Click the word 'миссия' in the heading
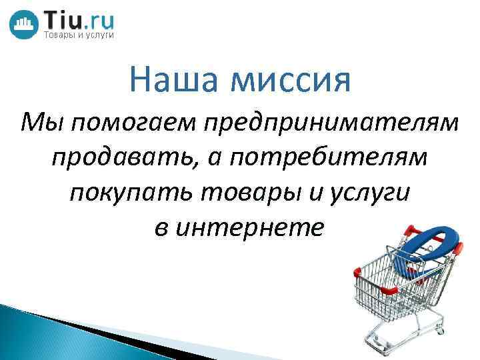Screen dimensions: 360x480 click(291, 79)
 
